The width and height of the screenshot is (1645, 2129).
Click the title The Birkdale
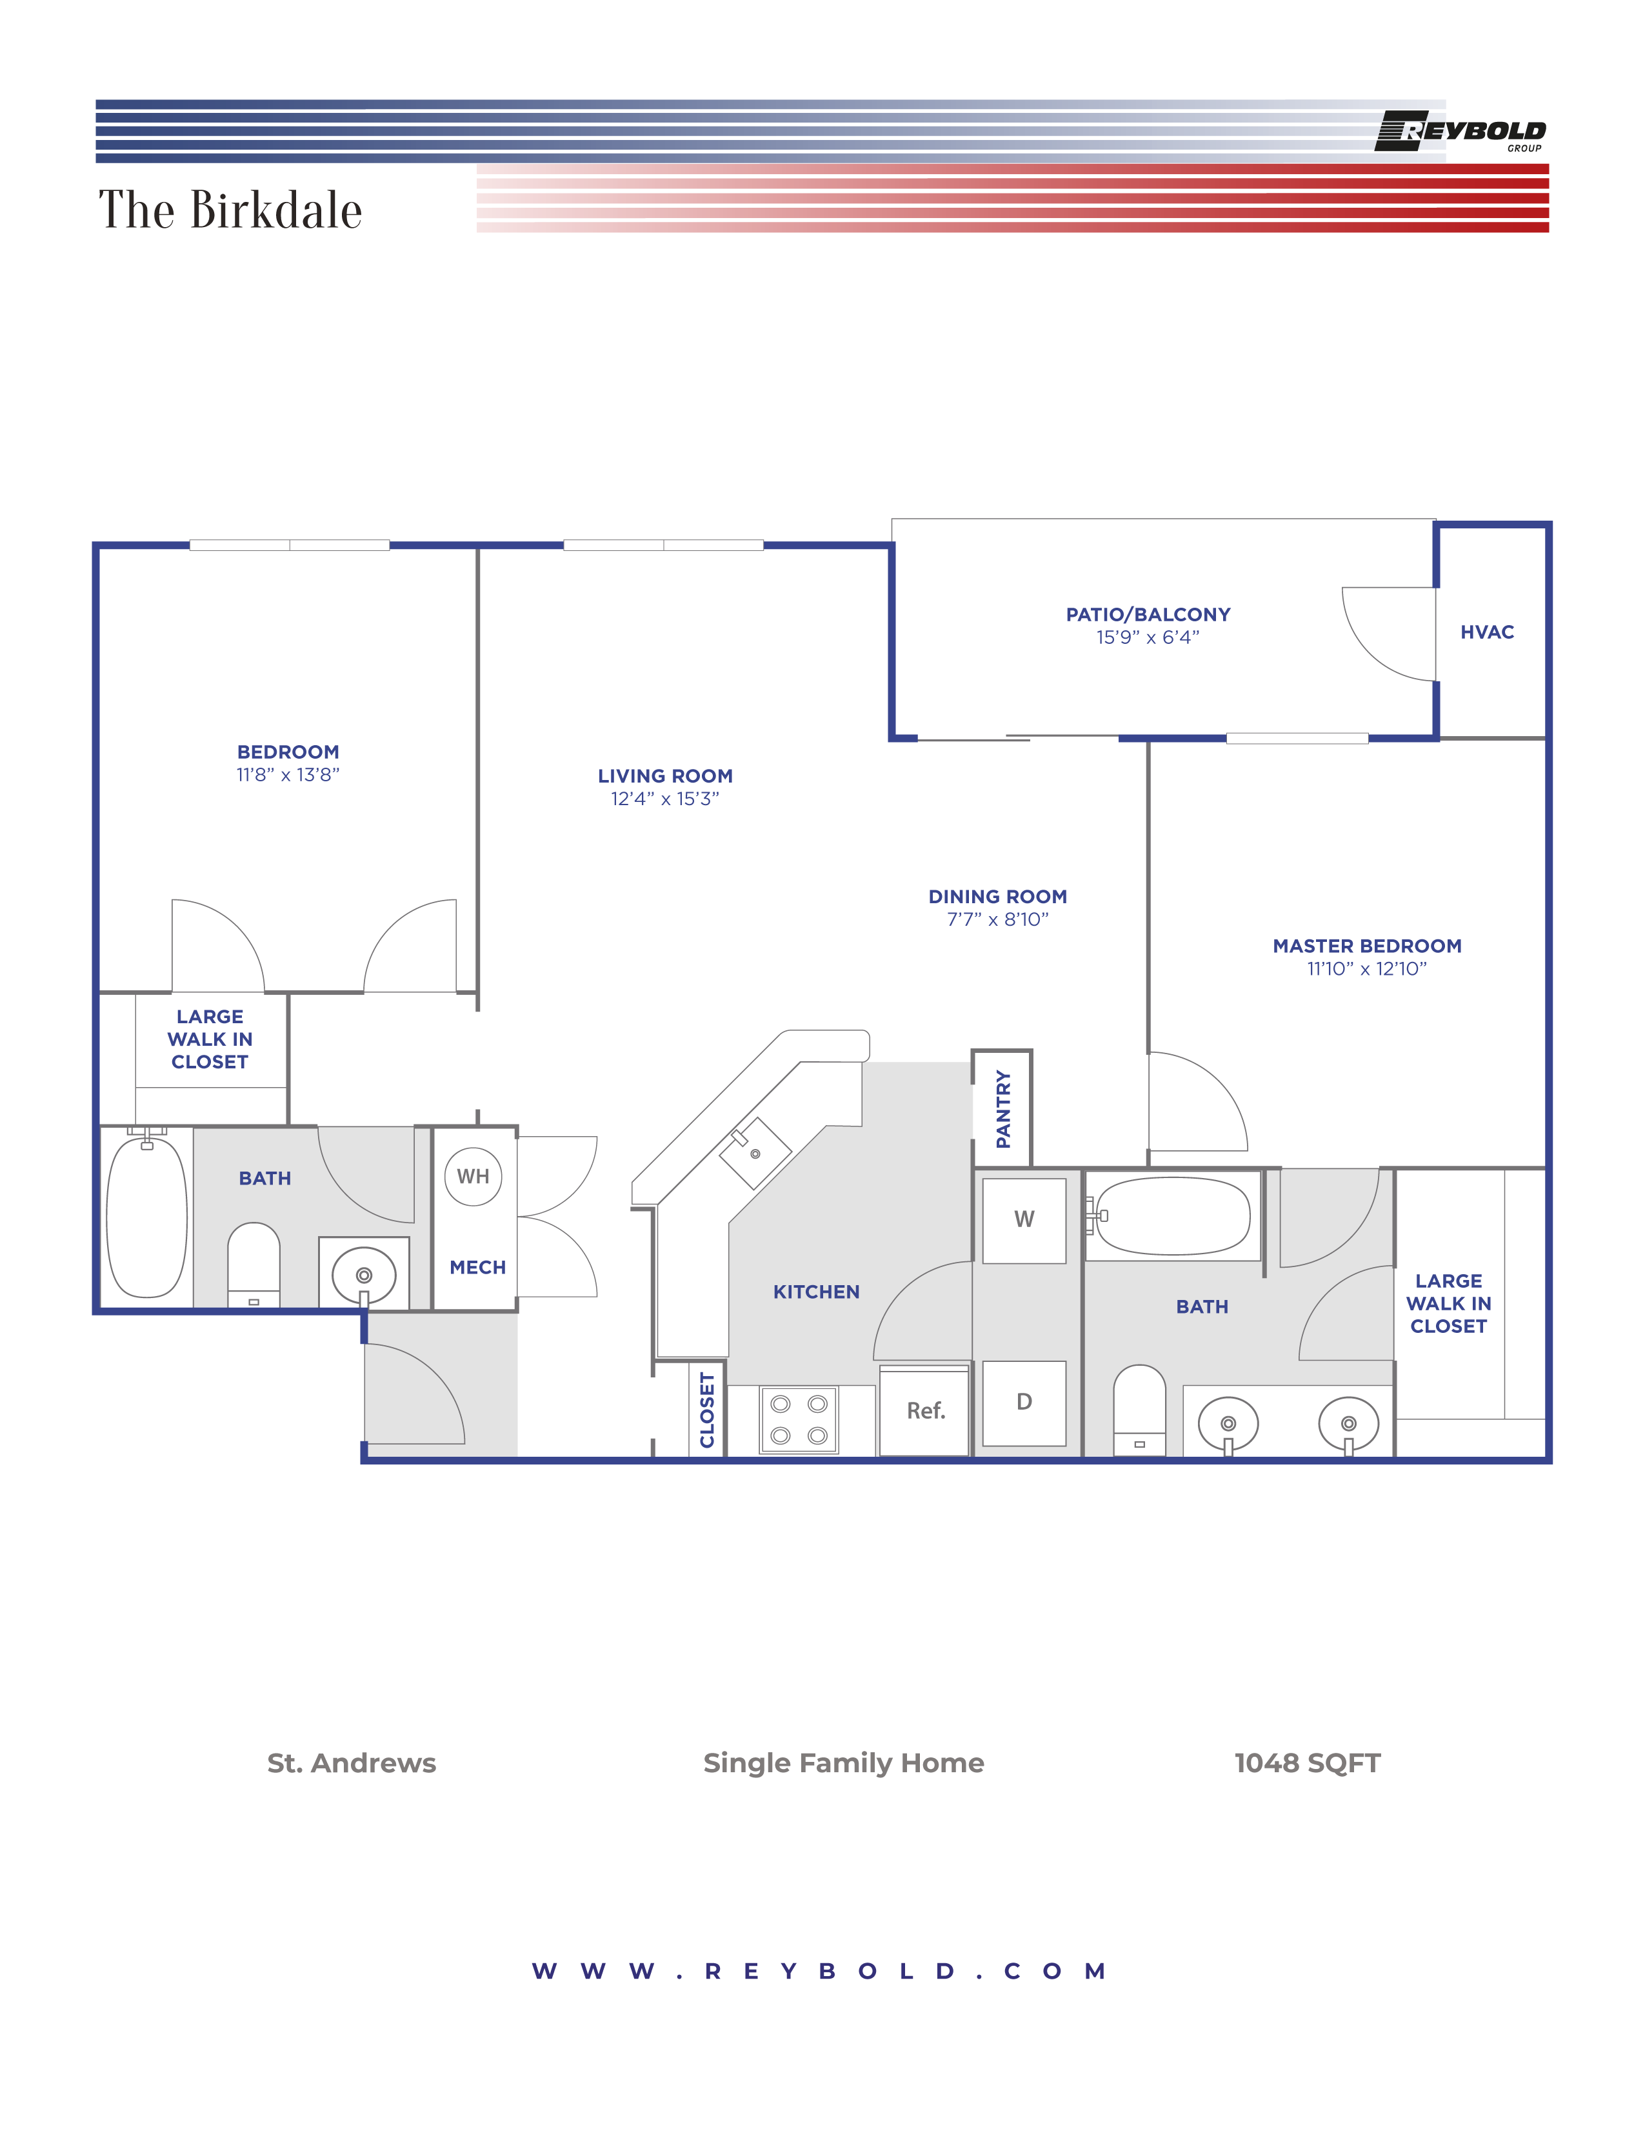coord(230,210)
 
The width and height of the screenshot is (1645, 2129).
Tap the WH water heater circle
coord(473,1177)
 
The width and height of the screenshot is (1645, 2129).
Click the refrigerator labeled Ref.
coord(925,1410)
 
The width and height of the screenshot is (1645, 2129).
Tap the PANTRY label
coord(1002,1110)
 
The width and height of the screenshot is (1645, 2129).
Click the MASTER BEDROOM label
coord(1366,946)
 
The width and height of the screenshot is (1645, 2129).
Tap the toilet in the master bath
coord(1139,1410)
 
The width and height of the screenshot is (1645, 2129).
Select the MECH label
coord(477,1267)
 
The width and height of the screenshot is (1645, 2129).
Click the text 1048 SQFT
coord(1307,1763)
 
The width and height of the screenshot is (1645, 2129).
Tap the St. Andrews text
coord(352,1763)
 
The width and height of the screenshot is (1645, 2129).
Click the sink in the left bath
coord(363,1275)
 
